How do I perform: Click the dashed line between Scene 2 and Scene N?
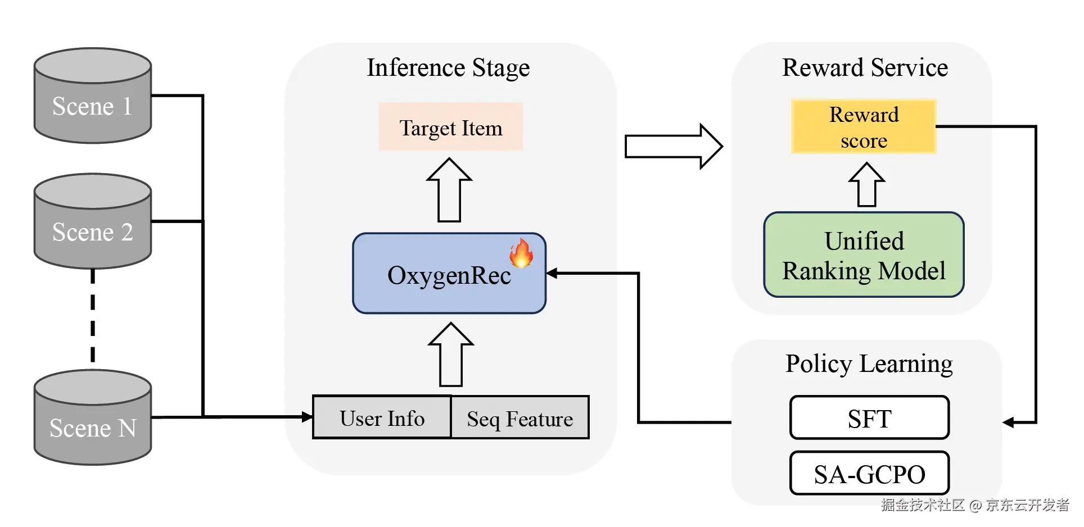(x=93, y=317)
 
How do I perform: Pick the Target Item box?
(x=450, y=127)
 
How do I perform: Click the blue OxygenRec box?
(x=449, y=274)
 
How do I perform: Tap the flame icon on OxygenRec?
(x=521, y=253)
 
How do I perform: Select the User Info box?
(x=382, y=418)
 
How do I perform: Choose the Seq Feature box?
(x=520, y=418)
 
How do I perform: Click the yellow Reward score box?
(x=863, y=127)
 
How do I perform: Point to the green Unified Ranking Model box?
(x=864, y=255)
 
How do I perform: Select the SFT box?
(x=869, y=418)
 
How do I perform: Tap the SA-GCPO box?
(x=869, y=474)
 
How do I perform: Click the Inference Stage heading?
(x=448, y=68)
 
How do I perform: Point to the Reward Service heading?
(x=865, y=68)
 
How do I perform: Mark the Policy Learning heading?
(x=869, y=364)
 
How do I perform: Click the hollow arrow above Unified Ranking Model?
(x=866, y=185)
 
